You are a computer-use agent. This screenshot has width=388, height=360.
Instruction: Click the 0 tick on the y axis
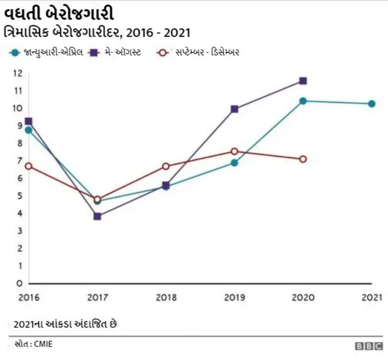pyautogui.click(x=19, y=283)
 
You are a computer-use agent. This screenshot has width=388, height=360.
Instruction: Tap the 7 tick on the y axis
pyautogui.click(x=19, y=161)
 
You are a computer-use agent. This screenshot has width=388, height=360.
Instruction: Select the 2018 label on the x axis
pyautogui.click(x=166, y=298)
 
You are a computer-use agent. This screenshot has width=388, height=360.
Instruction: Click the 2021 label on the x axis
pyautogui.click(x=371, y=298)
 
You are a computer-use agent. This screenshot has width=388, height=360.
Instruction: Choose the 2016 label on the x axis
pyautogui.click(x=28, y=298)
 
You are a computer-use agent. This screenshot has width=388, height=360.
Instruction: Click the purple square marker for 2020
pyautogui.click(x=303, y=81)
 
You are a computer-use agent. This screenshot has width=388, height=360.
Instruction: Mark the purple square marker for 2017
pyautogui.click(x=97, y=216)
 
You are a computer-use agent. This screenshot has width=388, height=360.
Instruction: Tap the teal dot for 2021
pyautogui.click(x=372, y=104)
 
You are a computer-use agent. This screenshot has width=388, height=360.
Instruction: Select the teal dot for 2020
pyautogui.click(x=303, y=101)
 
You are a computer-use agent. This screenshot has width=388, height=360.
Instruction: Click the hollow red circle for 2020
pyautogui.click(x=303, y=159)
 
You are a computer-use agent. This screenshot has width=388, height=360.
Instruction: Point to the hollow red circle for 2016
pyautogui.click(x=28, y=166)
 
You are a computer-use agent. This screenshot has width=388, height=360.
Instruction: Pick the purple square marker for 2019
pyautogui.click(x=235, y=109)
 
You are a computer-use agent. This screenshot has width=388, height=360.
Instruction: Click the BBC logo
pyautogui.click(x=369, y=346)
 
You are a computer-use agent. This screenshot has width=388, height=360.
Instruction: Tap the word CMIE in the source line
pyautogui.click(x=42, y=344)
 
